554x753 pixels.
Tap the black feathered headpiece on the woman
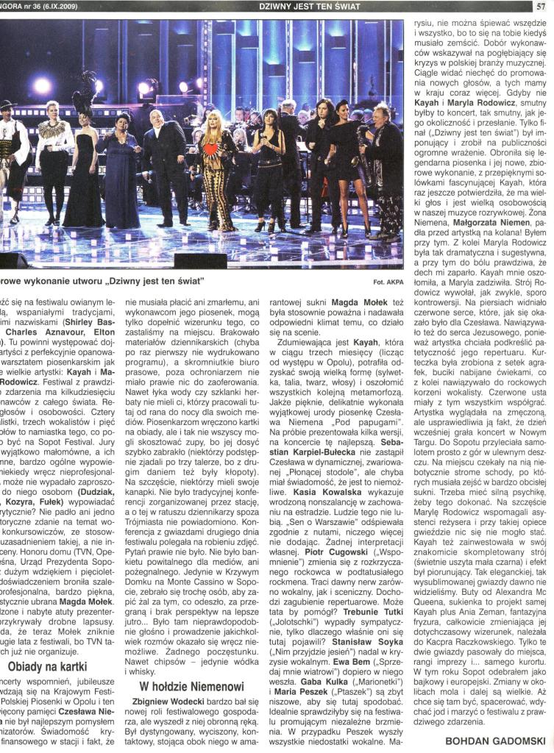84,91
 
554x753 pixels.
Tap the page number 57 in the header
541,7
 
